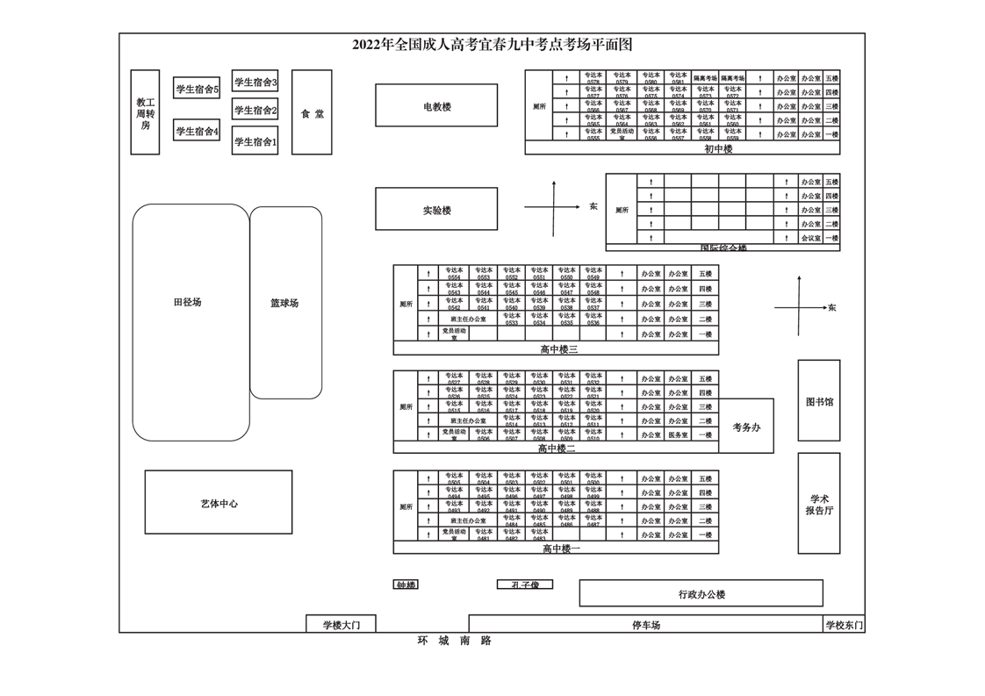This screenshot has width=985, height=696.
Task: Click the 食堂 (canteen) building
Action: click(312, 112)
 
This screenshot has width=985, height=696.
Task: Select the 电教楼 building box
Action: click(436, 105)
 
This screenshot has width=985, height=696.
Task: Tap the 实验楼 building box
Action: click(436, 209)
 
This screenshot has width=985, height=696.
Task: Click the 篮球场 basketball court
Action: click(285, 302)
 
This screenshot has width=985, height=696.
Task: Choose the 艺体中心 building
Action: click(219, 502)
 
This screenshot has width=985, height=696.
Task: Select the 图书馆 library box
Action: click(818, 400)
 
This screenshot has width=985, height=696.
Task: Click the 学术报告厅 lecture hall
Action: click(818, 503)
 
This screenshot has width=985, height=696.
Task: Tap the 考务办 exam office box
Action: click(746, 426)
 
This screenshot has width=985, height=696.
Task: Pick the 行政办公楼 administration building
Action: click(701, 593)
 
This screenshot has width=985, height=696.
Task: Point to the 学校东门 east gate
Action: click(844, 624)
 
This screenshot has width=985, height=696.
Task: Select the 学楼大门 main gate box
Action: click(341, 624)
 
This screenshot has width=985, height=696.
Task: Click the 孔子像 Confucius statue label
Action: click(525, 585)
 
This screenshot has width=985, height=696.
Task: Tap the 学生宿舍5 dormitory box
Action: click(197, 88)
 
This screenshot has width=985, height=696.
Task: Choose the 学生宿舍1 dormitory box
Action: click(255, 140)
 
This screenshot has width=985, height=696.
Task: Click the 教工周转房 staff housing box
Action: click(145, 112)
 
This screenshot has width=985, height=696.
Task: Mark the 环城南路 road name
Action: click(455, 641)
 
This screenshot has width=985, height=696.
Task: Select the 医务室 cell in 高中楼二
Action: click(677, 434)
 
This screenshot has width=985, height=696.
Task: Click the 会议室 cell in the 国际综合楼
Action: click(809, 238)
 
